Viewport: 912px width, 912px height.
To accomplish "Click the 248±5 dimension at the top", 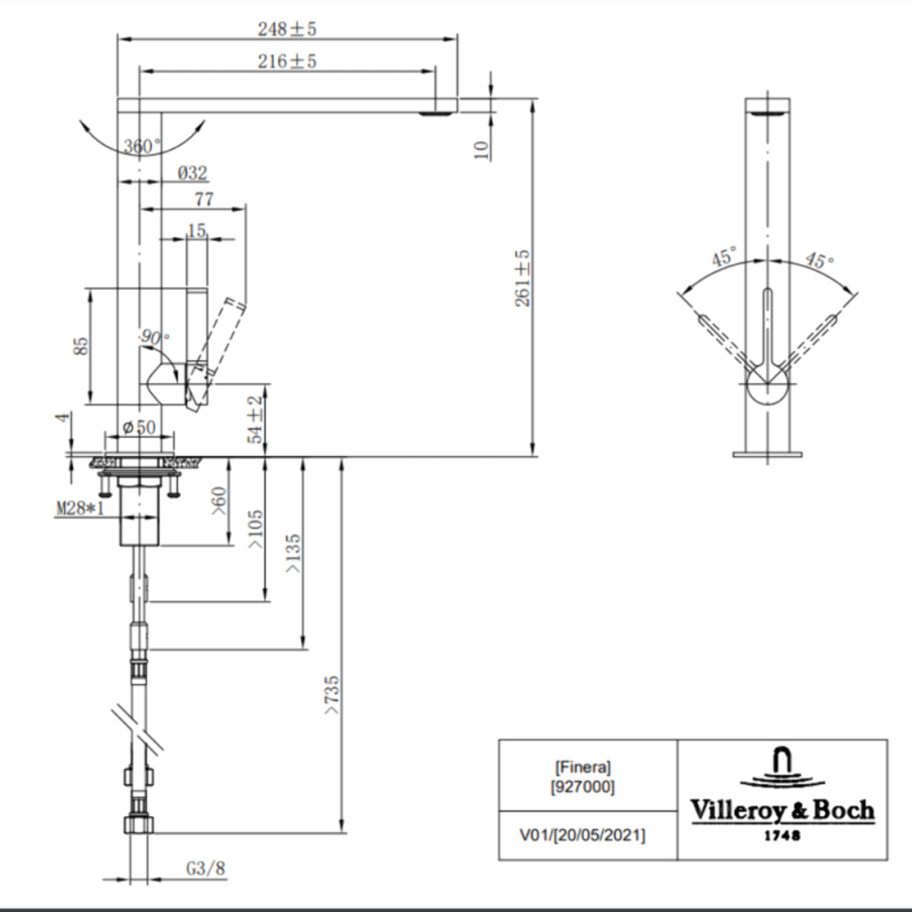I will pos(287,29).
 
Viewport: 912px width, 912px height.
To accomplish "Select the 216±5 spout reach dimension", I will pos(287,61).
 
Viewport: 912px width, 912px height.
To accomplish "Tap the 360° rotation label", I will pos(142,146).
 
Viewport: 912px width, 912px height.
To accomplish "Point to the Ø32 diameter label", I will pos(192,173).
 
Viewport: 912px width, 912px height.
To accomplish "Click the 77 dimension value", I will pos(204,199).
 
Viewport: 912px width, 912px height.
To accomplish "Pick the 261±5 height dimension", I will pos(523,278).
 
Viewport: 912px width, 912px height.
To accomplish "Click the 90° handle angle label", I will pos(156,337).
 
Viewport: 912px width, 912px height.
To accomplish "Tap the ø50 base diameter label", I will pos(139,428).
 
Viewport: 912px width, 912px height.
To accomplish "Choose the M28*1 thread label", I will pos(80,508).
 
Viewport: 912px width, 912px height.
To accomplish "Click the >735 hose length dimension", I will pos(332,695).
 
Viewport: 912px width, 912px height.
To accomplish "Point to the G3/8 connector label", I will pos(206,868).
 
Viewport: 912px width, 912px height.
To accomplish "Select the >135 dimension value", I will pos(293,553).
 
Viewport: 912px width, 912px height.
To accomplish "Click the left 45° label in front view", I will pos(724,257).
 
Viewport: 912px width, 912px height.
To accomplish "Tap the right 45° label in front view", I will pos(819,260).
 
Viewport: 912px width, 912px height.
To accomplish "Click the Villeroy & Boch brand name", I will pos(782,810).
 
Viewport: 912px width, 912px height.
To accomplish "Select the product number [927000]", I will pos(582,787).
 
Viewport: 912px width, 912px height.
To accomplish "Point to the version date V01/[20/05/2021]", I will pos(582,835).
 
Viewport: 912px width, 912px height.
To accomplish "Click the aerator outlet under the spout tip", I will pos(436,114).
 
